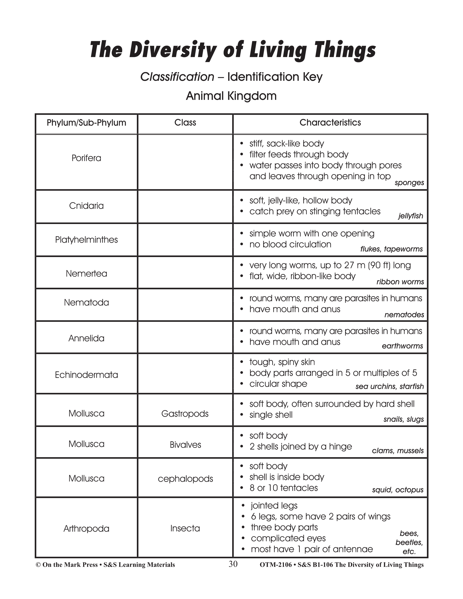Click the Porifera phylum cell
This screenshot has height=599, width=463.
pos(86,158)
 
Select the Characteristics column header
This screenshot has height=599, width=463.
pos(330,123)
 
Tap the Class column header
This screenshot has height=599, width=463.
pos(185,123)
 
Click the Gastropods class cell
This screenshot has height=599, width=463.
pos(185,414)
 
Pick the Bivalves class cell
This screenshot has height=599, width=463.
pos(185,445)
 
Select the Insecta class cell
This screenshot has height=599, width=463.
pos(185,528)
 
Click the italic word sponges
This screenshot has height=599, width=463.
pos(409,183)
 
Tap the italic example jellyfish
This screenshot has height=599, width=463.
pos(410,216)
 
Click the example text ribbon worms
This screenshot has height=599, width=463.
pos(400,282)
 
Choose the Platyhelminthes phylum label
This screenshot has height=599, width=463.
pos(86,240)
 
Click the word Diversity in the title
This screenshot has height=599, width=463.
pos(175,50)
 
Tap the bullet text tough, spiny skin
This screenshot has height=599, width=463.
pos(282,362)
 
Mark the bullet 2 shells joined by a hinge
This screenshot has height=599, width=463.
pos(300,446)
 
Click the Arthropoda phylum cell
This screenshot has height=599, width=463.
pos(86,528)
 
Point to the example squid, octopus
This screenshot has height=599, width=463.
pos(397,490)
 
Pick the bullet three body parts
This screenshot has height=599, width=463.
pos(284,527)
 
